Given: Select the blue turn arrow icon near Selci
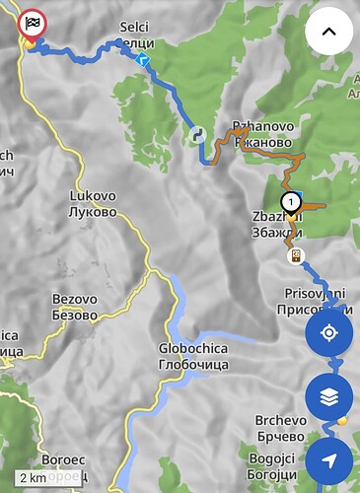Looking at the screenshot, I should [x=143, y=61].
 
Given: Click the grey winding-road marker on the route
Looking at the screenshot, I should [x=197, y=133].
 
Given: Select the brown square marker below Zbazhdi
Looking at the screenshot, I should [x=294, y=255].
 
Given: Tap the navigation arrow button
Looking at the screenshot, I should [x=329, y=461].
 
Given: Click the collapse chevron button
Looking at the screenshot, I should [x=329, y=32].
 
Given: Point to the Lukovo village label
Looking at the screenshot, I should [x=93, y=203].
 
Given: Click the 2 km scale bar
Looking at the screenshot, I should [x=33, y=477].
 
